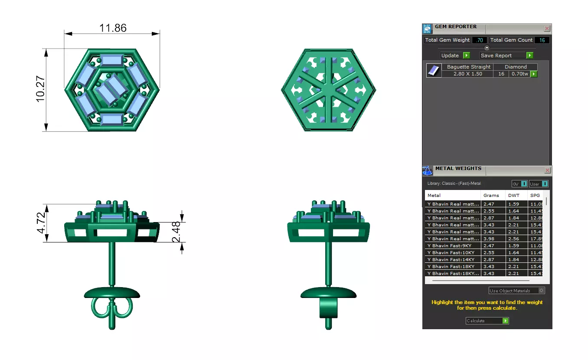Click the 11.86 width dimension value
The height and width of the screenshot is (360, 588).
coord(113,28)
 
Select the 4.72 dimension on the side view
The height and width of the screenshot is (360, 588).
coord(41,223)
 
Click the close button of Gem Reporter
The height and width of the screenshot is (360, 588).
coord(547,29)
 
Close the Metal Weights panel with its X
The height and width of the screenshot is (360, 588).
coord(547,170)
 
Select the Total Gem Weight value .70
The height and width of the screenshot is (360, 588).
coord(479,40)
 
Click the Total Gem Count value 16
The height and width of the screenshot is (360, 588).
coord(542,40)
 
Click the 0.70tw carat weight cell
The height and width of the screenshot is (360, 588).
coord(519,74)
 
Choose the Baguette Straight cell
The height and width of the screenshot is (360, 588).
coord(468,67)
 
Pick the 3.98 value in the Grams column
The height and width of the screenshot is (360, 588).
coord(489,239)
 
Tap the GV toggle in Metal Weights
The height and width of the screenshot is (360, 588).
coord(519,184)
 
